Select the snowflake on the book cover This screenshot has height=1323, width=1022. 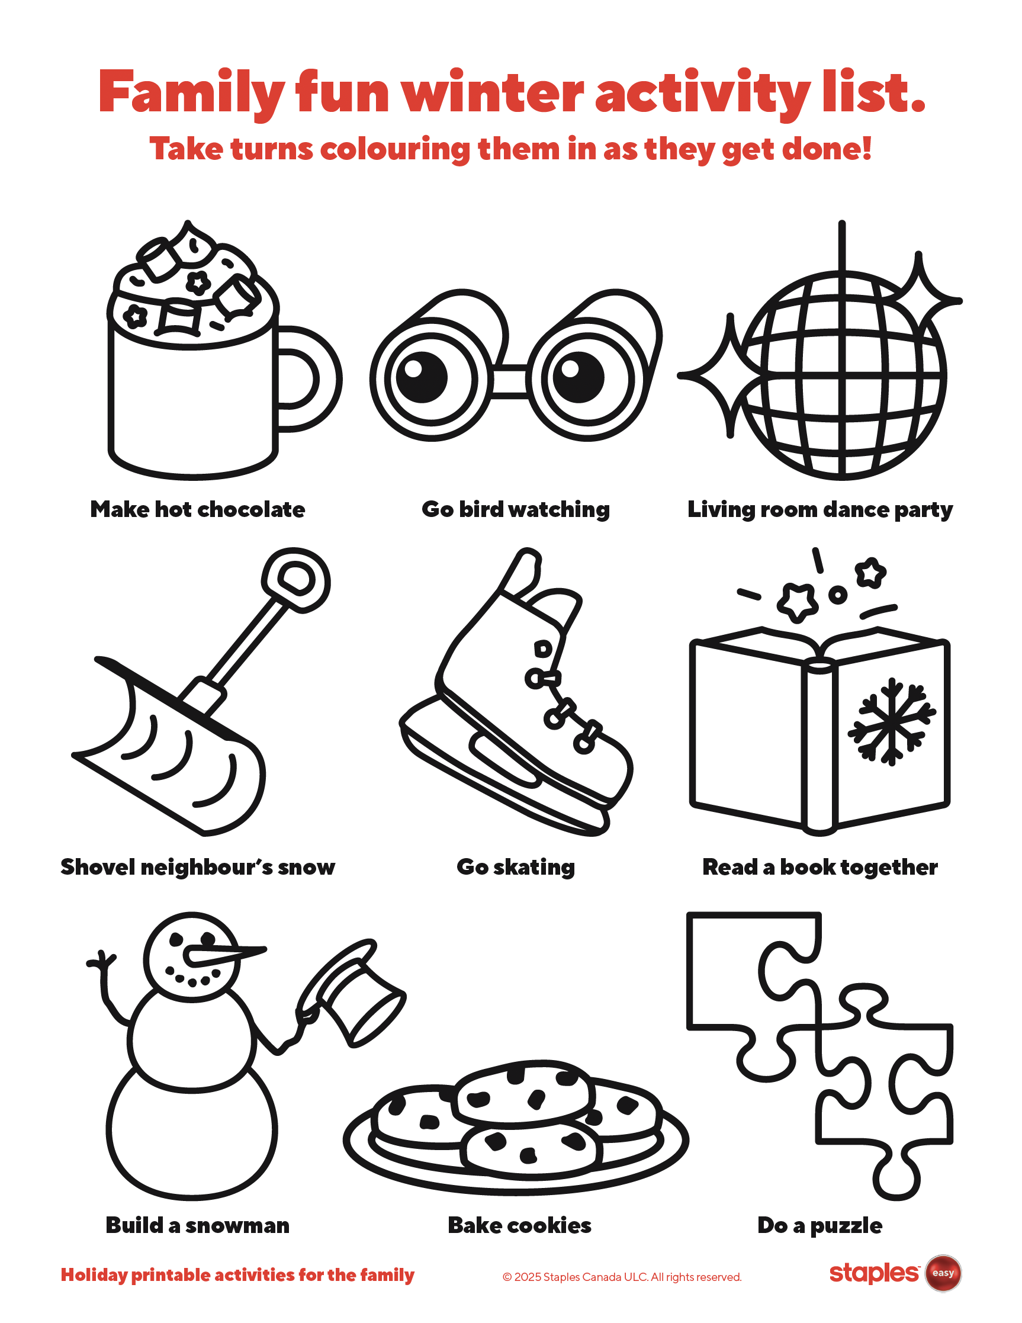click(x=891, y=721)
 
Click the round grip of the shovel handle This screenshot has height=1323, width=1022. click(x=296, y=580)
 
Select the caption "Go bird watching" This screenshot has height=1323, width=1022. click(x=516, y=509)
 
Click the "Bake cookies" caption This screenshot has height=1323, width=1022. click(x=519, y=1225)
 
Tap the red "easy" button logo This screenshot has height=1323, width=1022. click(x=943, y=1273)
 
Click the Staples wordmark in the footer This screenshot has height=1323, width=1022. click(x=873, y=1273)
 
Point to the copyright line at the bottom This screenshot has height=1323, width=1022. click(x=622, y=1277)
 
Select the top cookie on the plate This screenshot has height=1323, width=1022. click(x=522, y=1090)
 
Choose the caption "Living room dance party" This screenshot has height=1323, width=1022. click(x=820, y=509)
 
